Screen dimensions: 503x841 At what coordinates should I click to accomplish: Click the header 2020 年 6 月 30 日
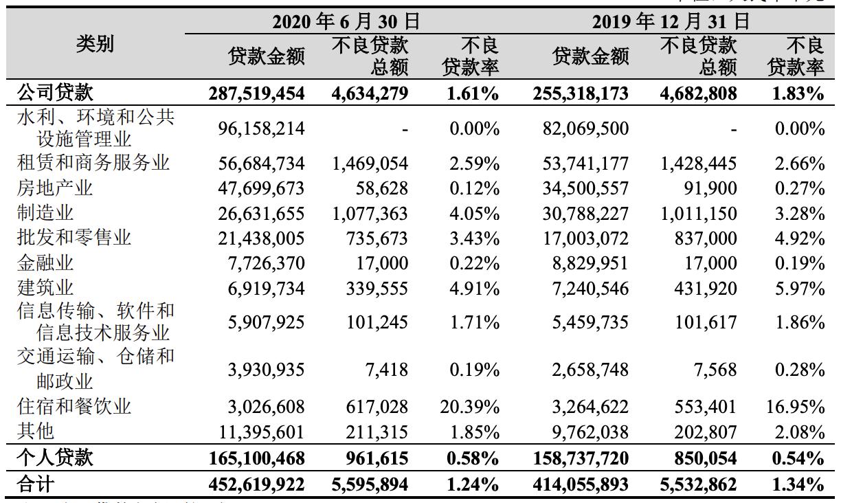click(x=346, y=22)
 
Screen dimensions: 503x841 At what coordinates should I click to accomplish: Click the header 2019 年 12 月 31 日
click(x=671, y=22)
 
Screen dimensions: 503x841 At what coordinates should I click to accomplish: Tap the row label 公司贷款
click(x=54, y=93)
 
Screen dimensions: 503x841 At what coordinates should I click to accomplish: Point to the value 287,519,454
click(x=256, y=93)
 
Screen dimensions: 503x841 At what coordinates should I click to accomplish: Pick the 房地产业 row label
click(x=54, y=188)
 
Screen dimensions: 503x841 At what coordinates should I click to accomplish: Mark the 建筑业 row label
click(x=45, y=288)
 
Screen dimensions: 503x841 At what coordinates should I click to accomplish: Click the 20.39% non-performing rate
click(x=469, y=407)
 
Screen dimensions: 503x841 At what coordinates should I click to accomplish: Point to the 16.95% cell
click(x=795, y=407)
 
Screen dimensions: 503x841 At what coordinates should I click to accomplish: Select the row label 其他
click(x=35, y=432)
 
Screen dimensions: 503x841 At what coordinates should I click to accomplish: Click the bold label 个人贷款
click(x=54, y=458)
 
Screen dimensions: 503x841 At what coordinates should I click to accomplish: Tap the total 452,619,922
click(x=256, y=484)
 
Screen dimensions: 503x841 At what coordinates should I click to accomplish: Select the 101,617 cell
click(x=708, y=322)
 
